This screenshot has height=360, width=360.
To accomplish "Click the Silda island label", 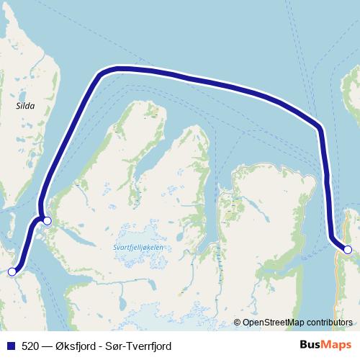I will coord(25,105).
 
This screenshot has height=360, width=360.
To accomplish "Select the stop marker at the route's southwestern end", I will coord(12,271).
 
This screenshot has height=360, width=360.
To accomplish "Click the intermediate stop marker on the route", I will coord(47,221).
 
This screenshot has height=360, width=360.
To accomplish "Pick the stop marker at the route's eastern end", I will coord(348,250).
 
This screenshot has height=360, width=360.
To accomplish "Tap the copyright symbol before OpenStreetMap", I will coord(238,323).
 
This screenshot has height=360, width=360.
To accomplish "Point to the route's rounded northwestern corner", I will coord(105,71).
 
